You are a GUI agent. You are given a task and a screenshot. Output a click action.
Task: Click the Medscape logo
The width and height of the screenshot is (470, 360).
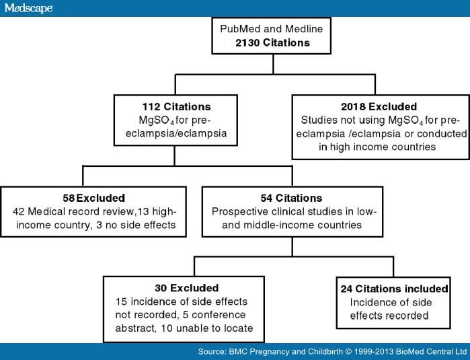tap(27, 8)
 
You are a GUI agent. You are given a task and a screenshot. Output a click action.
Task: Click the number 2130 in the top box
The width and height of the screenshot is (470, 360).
tap(250, 43)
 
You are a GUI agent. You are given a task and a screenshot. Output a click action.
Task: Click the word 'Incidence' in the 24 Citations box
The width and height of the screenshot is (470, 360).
tap(372, 302)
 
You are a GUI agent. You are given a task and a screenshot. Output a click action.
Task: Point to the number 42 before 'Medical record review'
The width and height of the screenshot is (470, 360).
tap(17, 212)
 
